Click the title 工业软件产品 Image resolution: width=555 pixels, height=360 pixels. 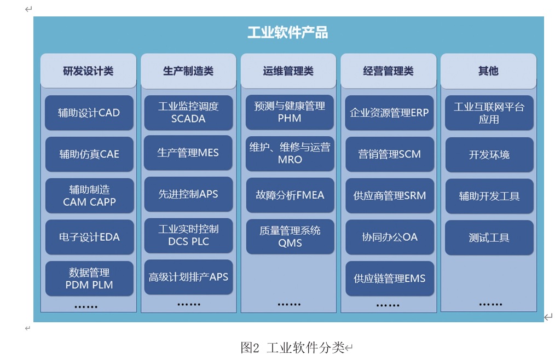(287, 33)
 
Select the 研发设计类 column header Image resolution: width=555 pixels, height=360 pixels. (88, 71)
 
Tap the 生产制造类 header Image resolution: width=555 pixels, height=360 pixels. (188, 71)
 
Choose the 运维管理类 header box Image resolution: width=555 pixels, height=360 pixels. (288, 71)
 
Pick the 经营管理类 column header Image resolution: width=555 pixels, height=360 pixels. (389, 71)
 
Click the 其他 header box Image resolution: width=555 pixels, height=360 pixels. (488, 71)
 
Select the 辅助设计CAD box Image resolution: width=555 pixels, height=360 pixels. (89, 113)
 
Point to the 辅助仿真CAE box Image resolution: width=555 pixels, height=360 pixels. (89, 154)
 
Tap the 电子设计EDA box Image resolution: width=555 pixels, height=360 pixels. (89, 237)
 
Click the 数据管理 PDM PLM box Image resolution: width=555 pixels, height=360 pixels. (89, 278)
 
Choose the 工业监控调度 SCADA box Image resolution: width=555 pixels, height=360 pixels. (188, 113)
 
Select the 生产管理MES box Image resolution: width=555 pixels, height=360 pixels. (188, 153)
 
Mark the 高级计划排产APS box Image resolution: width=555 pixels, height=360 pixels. (188, 277)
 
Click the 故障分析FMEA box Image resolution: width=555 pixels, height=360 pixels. (290, 195)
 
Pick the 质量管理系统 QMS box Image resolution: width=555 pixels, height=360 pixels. (290, 237)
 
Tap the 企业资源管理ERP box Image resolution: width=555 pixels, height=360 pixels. (389, 113)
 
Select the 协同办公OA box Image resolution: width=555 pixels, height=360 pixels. (389, 237)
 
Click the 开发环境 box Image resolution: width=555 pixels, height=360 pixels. (489, 154)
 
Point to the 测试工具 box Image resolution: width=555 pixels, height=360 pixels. (489, 237)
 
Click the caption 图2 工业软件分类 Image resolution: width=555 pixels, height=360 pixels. (293, 347)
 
